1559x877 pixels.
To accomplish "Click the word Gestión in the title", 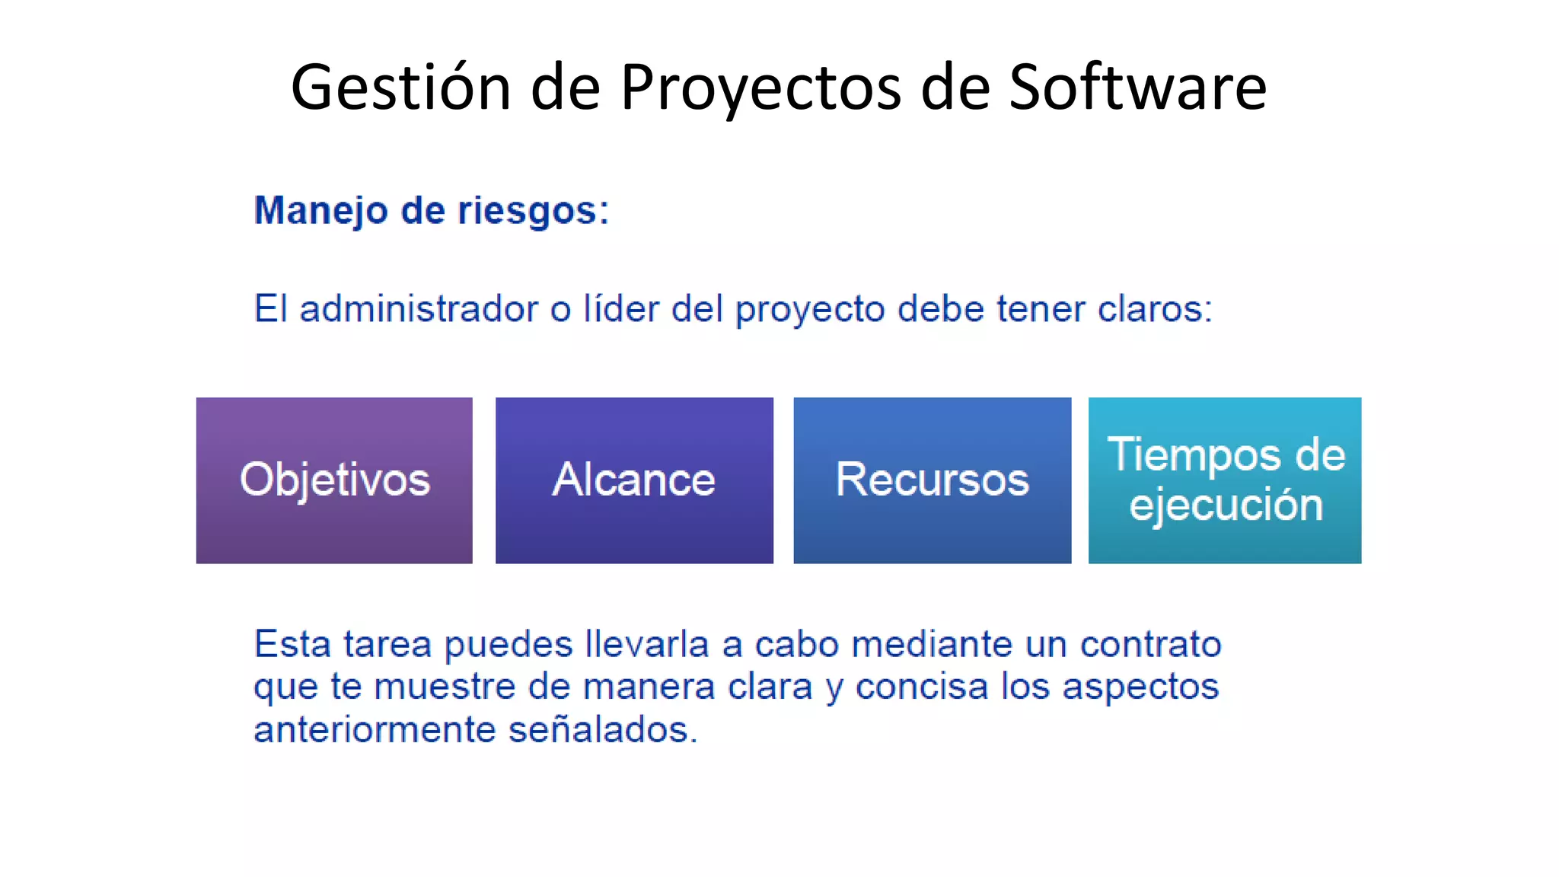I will (401, 88).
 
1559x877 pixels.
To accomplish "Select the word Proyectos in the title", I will (760, 88).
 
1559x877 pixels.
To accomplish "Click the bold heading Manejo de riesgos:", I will (432, 210).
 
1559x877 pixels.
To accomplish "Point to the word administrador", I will (419, 309).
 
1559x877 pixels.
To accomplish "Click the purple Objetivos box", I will (334, 480).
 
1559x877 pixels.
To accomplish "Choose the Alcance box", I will (634, 480).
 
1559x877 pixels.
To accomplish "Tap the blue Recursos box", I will (932, 480).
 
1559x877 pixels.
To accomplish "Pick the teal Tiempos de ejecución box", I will (1225, 480).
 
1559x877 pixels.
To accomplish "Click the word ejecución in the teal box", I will (1226, 505).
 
